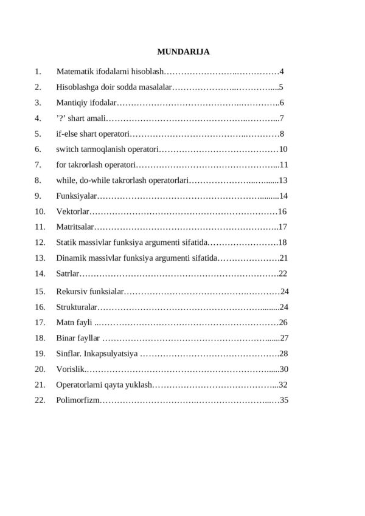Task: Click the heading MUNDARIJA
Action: pyautogui.click(x=182, y=52)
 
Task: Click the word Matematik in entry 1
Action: pyautogui.click(x=74, y=71)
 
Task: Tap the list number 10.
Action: pyautogui.click(x=40, y=212)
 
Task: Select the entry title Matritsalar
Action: pyautogui.click(x=76, y=227)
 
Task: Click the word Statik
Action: pyautogui.click(x=66, y=243)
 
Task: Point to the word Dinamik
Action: pyautogui.click(x=70, y=258)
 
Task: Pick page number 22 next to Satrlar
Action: pyautogui.click(x=283, y=273)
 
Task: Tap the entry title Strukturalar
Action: pyautogui.click(x=77, y=307)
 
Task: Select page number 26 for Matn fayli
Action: pyautogui.click(x=283, y=322)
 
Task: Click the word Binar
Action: pyautogui.click(x=66, y=338)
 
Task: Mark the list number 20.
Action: pyautogui.click(x=40, y=369)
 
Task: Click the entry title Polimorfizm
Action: pyautogui.click(x=77, y=401)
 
